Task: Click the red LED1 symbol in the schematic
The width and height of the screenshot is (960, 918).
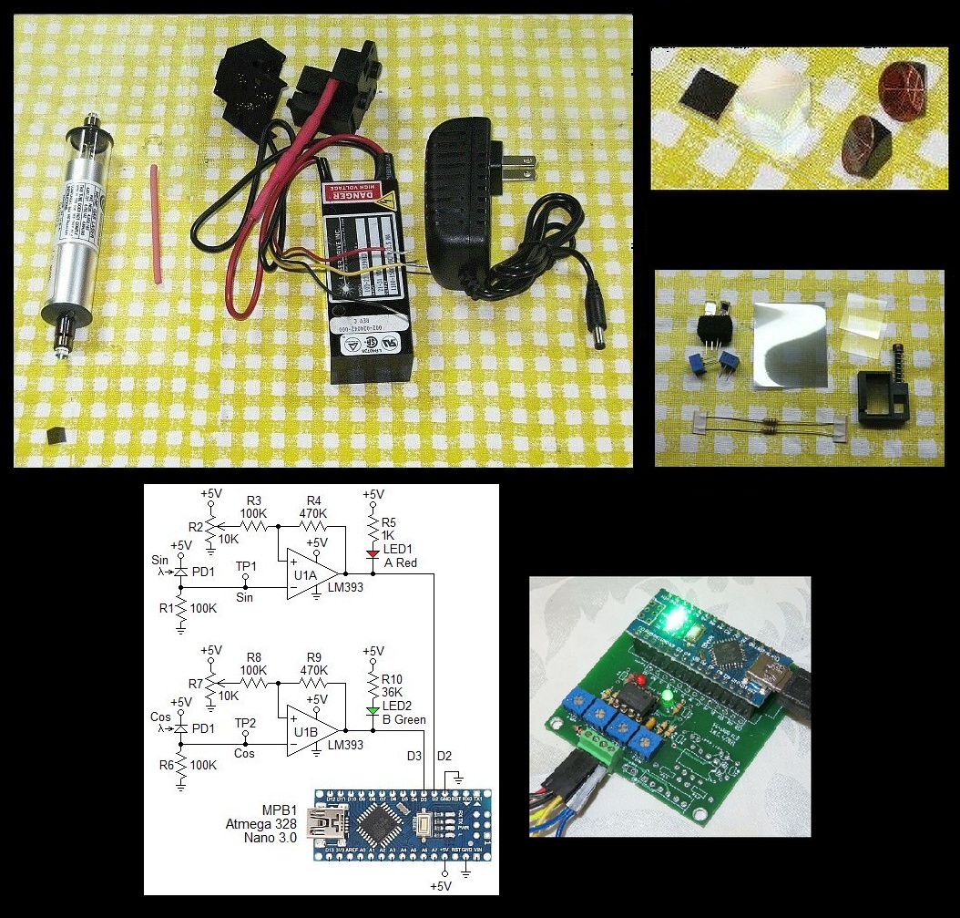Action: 371,553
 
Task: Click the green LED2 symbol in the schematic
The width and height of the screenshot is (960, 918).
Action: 371,708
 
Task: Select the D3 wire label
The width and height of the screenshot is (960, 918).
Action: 415,756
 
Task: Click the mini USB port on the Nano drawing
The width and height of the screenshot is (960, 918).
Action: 320,819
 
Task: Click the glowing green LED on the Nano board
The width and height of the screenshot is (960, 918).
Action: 674,622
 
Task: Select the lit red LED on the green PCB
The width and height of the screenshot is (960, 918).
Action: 640,680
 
